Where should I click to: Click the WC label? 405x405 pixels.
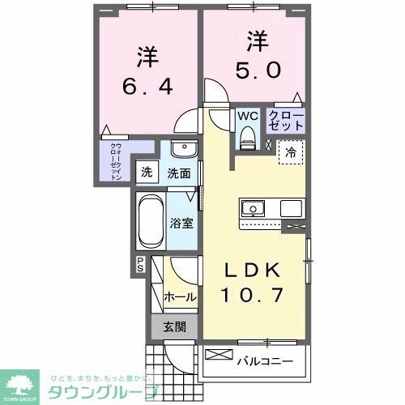pyautogui.click(x=247, y=116)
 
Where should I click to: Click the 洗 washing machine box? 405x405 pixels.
pyautogui.click(x=147, y=172)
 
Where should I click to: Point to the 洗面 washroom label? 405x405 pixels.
pyautogui.click(x=179, y=173)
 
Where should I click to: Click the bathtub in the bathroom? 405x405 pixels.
pyautogui.click(x=148, y=222)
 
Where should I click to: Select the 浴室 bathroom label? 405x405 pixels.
pyautogui.click(x=181, y=223)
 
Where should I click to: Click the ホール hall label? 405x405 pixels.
pyautogui.click(x=179, y=297)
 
